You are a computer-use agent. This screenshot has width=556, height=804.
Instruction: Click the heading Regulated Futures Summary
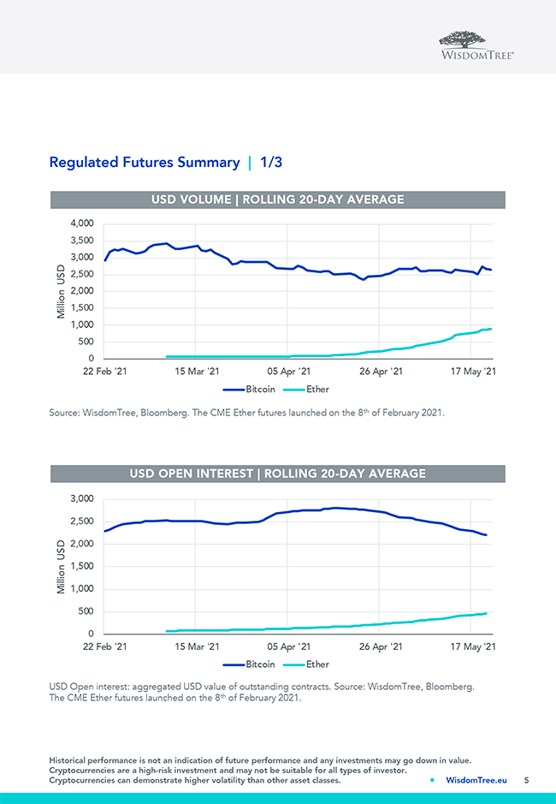145,162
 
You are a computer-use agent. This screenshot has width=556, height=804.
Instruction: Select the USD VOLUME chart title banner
277,200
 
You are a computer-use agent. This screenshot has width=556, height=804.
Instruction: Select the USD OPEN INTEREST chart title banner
277,473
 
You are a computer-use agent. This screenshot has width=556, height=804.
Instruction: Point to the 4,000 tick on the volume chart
81,223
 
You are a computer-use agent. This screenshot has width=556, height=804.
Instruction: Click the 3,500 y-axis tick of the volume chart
81,241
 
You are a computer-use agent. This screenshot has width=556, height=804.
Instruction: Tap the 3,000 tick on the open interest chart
81,498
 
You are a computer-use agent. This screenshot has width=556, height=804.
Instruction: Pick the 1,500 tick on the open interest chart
81,566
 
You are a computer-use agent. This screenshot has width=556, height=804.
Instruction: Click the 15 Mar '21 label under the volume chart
197,372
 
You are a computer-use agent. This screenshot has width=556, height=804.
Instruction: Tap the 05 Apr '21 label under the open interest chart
289,646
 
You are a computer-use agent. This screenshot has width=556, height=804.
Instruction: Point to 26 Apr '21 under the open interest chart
382,646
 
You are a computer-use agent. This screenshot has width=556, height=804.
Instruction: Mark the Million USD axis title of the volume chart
61,291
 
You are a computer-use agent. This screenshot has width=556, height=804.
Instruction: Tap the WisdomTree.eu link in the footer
476,780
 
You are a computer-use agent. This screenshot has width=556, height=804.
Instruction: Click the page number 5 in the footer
526,780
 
